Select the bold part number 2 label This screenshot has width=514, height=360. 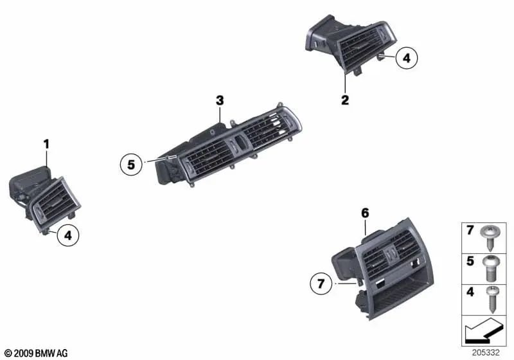point(345,100)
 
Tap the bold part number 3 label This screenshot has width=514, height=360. point(220,100)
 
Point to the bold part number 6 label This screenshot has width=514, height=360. point(365,213)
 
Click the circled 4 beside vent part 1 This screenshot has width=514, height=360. point(68,237)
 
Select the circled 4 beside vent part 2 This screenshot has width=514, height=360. point(406,59)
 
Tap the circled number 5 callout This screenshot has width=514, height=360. point(131,165)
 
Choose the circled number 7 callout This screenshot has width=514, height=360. point(321,282)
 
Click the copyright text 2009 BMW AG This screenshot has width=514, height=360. point(36,353)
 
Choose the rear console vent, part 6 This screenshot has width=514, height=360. point(385,270)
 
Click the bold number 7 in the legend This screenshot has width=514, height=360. point(470,230)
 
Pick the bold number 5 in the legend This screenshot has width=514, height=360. point(470,262)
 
